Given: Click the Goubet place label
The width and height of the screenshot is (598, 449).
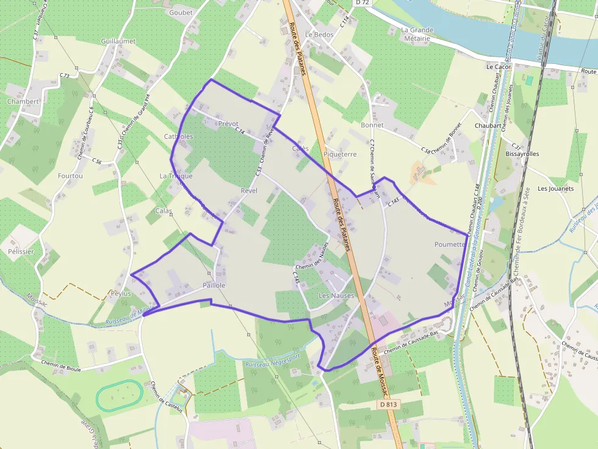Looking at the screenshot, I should tap(181, 12).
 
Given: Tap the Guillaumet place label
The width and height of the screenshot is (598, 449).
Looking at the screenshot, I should tap(118, 41).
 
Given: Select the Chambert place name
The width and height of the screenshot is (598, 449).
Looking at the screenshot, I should tap(23, 102).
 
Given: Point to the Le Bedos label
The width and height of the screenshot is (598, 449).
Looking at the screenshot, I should tap(319, 35).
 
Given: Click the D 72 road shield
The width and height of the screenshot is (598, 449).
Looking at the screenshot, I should tap(362, 3).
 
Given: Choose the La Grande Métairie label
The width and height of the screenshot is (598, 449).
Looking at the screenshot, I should tap(417, 34).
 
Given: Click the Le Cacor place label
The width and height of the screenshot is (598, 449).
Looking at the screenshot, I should tap(498, 66).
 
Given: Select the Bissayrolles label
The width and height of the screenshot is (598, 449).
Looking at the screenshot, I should tap(522, 154).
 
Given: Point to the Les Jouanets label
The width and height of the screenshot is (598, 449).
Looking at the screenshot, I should tap(555, 189).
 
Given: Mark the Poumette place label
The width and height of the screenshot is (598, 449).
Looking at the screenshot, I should tap(450, 244).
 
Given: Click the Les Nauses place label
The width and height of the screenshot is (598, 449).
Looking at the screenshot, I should tap(336, 295).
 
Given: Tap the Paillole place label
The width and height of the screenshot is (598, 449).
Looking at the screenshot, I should tap(214, 285).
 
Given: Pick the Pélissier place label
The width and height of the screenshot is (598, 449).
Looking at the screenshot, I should tap(21, 251).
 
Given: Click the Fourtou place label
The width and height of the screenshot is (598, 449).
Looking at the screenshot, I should tap(70, 176).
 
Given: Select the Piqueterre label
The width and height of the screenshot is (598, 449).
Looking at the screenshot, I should tap(340, 154).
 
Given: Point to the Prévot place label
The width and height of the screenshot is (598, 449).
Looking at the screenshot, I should tap(228, 124).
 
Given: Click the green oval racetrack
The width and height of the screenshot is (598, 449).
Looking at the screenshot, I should tap(119, 395).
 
